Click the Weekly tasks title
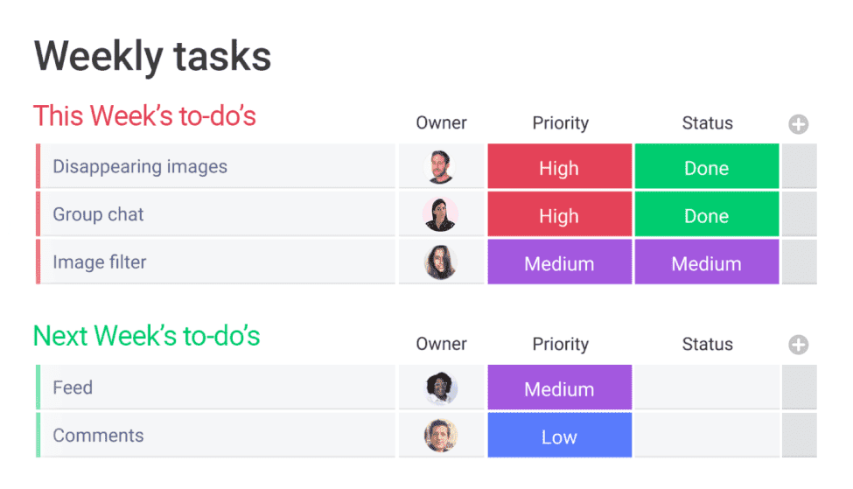pyautogui.click(x=152, y=57)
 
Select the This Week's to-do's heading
pyautogui.click(x=144, y=115)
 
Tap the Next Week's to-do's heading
pyautogui.click(x=146, y=336)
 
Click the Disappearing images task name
pyautogui.click(x=140, y=166)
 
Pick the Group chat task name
pyautogui.click(x=98, y=214)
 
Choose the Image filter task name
pyautogui.click(x=100, y=262)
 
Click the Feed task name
pyautogui.click(x=73, y=388)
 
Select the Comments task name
pyautogui.click(x=98, y=435)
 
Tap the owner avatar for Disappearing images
pyautogui.click(x=440, y=166)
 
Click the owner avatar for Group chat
pyautogui.click(x=440, y=214)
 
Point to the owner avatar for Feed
pyautogui.click(x=441, y=388)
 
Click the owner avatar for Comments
pyautogui.click(x=441, y=436)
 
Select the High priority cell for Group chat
pyautogui.click(x=560, y=214)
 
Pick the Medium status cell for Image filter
pyautogui.click(x=707, y=262)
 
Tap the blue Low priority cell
pyautogui.click(x=560, y=435)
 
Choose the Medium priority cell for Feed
pyautogui.click(x=560, y=388)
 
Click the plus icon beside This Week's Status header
pyautogui.click(x=799, y=124)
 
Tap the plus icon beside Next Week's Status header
pyautogui.click(x=799, y=345)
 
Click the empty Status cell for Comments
pyautogui.click(x=707, y=435)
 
